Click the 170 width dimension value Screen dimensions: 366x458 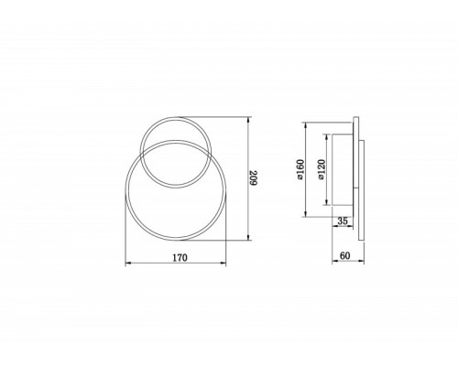180,258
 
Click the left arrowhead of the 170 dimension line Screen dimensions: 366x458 126,265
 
